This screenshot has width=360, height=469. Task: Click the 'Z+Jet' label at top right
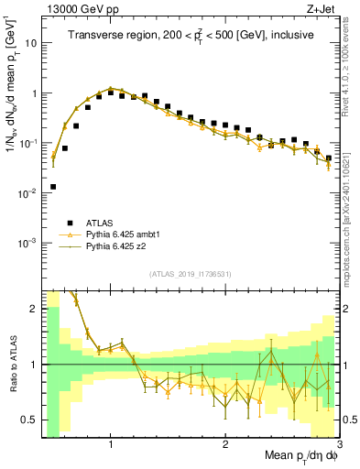[x=322, y=7]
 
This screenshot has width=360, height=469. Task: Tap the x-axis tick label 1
[x=111, y=445]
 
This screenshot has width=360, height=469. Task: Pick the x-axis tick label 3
[x=338, y=445]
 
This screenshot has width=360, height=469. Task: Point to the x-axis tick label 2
[x=225, y=445]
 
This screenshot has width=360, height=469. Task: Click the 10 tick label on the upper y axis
[x=30, y=43]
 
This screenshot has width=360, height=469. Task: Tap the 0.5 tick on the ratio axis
[x=28, y=420]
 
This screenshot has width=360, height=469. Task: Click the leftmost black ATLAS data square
[x=53, y=187]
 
